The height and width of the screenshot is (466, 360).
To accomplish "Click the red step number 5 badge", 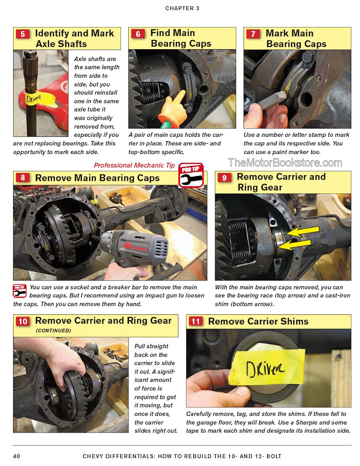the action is coord(22,34).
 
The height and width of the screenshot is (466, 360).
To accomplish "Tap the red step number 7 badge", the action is coord(253,34).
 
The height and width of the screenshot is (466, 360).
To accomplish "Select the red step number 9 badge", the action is coord(224,178).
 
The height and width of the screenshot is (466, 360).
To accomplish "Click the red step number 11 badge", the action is coord(195,321).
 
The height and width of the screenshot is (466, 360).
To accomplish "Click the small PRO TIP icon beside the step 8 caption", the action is coord(20,291).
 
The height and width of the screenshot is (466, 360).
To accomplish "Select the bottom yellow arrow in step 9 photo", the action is coord(294,245).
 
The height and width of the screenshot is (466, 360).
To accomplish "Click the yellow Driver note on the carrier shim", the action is coord(267,367).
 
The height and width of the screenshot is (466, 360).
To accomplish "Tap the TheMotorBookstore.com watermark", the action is coord(285,163).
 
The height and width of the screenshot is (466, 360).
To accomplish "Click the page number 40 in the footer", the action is coord(17,456).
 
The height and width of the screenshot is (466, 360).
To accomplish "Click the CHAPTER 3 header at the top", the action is coord(182,8).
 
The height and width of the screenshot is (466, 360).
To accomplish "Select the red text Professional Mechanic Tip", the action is coord(134,165).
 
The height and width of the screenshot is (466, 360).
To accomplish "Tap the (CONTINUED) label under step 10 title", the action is coord(54,330).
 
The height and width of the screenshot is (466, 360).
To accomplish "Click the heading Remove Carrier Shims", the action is coord(258,321).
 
